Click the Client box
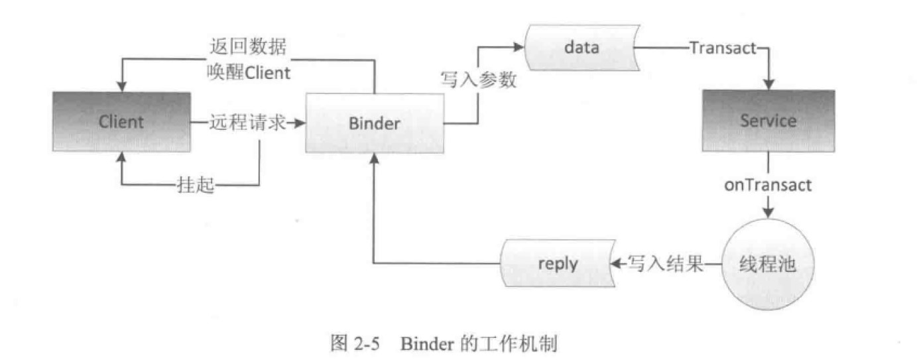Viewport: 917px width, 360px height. [121, 122]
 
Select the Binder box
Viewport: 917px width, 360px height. [373, 123]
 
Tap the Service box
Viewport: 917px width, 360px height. [768, 121]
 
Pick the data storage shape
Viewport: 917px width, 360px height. [581, 48]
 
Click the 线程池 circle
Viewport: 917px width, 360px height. [767, 263]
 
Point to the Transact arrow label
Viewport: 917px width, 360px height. [723, 48]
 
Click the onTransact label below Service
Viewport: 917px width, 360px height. [768, 185]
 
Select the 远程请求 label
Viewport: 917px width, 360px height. [247, 123]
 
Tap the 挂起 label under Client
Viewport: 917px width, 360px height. [197, 185]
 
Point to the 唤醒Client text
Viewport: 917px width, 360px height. [249, 72]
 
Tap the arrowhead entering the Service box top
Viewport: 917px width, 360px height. [768, 85]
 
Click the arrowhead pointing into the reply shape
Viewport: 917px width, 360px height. [613, 263]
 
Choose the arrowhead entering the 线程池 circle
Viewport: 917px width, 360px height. [768, 214]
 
